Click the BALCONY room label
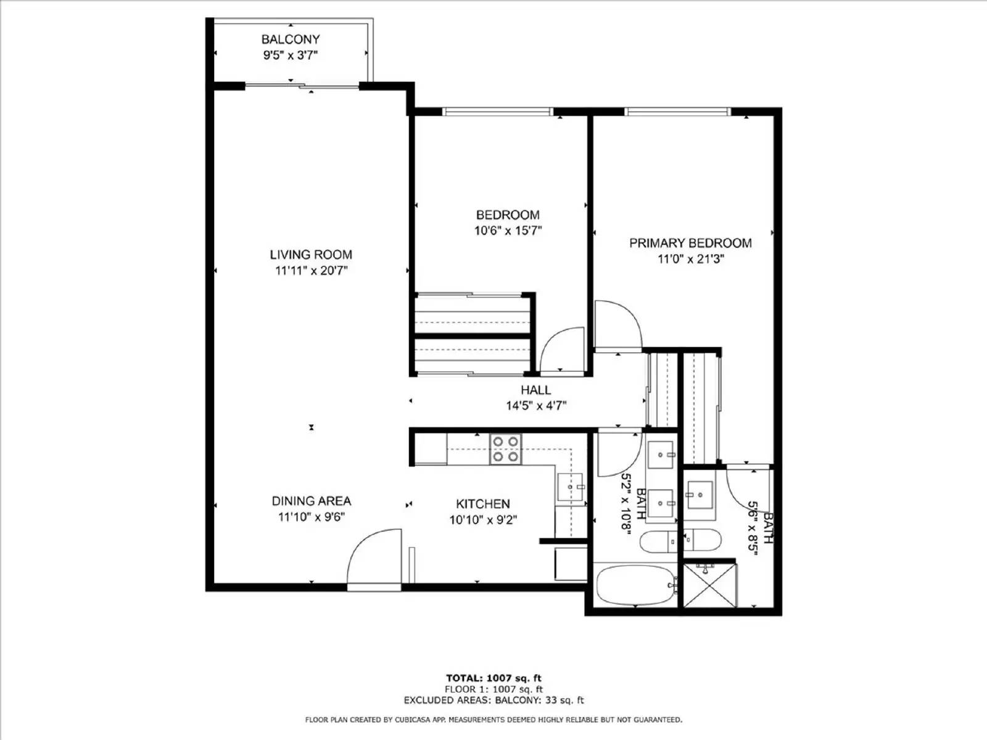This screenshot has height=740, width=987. tap(290, 39)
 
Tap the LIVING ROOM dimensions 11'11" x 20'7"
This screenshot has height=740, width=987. tap(312, 270)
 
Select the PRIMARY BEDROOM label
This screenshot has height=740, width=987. tap(690, 243)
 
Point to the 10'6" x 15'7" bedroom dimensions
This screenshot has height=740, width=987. tap(508, 231)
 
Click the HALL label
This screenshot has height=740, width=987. tap(535, 390)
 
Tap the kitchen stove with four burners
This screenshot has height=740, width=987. tap(505, 449)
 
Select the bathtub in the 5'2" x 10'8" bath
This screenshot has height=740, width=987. tap(636, 585)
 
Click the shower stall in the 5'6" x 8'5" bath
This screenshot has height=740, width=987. tap(710, 584)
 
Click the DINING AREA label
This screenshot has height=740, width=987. tap(312, 501)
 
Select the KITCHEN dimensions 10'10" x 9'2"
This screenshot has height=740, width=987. tap(483, 520)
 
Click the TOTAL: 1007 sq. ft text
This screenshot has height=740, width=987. tap(493, 678)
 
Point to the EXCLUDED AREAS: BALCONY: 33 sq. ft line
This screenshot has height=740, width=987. tap(493, 700)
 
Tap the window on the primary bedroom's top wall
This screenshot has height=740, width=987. tap(677, 112)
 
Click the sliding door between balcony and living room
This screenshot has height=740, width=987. tap(302, 85)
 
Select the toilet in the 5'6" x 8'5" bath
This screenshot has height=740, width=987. tap(702, 540)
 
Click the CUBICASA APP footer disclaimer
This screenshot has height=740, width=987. tap(493, 720)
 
